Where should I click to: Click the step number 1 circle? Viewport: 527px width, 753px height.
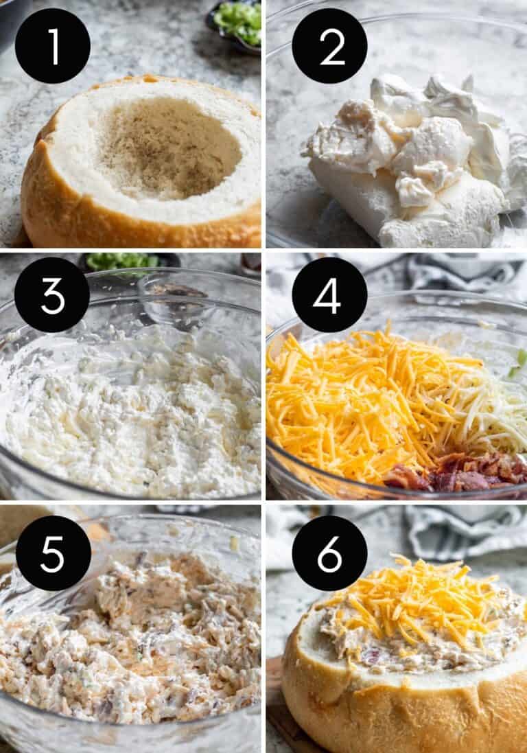coord(53,46)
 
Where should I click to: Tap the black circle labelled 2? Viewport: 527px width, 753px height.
coord(329,46)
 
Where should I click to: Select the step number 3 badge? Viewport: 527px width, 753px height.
coord(52,294)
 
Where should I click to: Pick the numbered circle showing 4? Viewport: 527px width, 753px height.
coord(329,294)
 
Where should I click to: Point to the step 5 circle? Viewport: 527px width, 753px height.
coord(53,553)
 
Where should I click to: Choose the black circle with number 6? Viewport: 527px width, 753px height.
coord(329,553)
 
